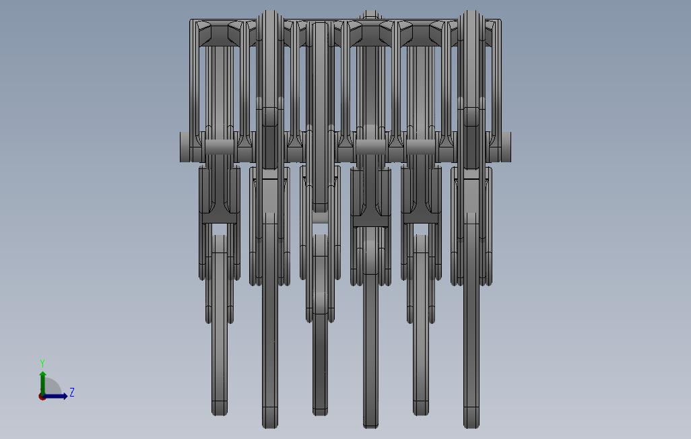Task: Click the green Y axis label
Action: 42,363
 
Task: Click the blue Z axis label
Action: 72,393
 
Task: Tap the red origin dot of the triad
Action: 42,397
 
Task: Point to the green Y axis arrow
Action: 42,384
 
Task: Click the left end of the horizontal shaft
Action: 180,147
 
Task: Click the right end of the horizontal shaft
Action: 510,147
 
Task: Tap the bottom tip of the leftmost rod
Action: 220,414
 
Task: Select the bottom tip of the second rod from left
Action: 270,427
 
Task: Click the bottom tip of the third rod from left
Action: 321,414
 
